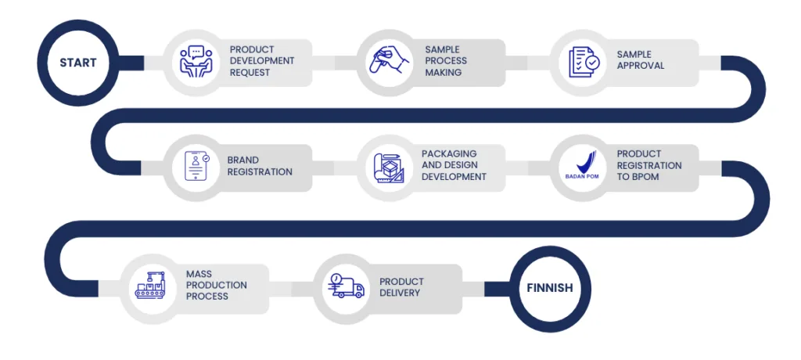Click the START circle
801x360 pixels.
click(77, 62)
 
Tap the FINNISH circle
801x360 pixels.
click(549, 288)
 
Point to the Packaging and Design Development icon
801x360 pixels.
click(388, 166)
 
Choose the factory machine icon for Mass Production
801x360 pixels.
click(153, 286)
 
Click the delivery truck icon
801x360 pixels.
click(347, 286)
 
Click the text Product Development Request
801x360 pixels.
click(262, 61)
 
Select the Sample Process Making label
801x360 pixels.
click(446, 61)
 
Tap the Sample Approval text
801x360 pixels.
click(640, 60)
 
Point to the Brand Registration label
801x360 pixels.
click(260, 166)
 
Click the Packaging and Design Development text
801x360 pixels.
click(454, 165)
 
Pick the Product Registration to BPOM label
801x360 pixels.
click(648, 165)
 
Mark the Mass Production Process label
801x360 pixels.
click(217, 286)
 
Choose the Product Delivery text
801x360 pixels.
click(401, 287)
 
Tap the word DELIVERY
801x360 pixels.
click(400, 293)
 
